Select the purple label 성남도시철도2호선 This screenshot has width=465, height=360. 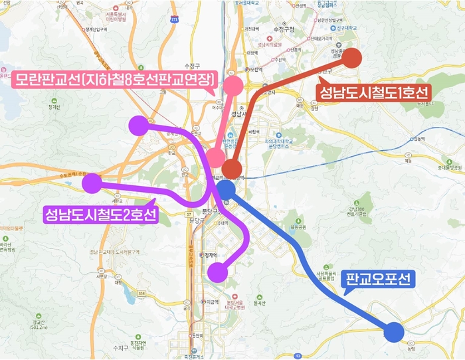[100, 215]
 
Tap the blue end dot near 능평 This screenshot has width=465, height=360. [394, 331]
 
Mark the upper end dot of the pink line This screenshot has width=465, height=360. [234, 85]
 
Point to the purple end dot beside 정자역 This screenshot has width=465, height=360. [217, 272]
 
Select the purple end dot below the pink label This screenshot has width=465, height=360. [138, 125]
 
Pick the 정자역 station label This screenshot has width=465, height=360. [211, 254]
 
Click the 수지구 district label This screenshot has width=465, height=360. [121, 347]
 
